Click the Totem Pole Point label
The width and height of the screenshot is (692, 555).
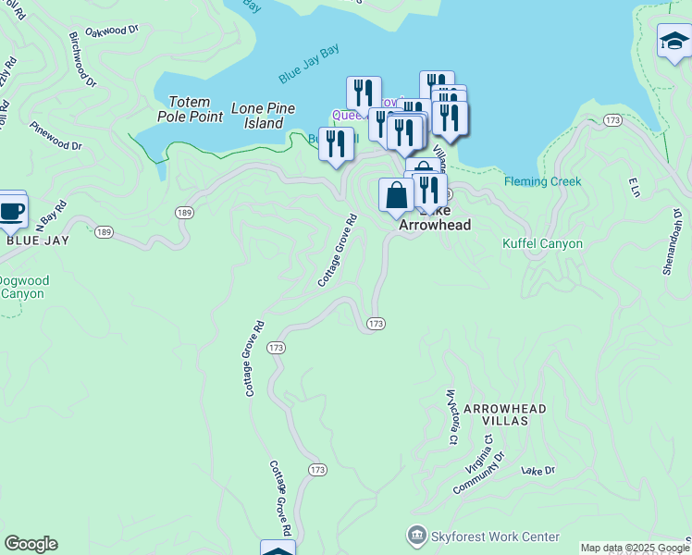(x=195, y=109)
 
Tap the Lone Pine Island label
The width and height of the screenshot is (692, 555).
(x=263, y=116)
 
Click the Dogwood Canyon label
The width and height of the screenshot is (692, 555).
(x=24, y=287)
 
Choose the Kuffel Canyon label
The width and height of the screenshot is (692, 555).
(x=542, y=243)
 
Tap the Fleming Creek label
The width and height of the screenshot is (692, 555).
(x=543, y=181)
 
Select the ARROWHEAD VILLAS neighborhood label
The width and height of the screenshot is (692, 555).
(x=504, y=413)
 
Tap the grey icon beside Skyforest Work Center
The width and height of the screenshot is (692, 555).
(x=417, y=536)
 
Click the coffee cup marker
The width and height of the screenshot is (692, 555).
(x=11, y=210)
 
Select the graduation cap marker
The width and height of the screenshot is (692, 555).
(x=673, y=42)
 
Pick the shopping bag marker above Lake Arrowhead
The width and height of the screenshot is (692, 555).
(x=396, y=195)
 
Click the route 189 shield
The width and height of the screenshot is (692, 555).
(x=183, y=213)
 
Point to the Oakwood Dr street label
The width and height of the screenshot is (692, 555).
(x=111, y=31)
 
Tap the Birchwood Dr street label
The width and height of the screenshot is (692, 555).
(x=81, y=60)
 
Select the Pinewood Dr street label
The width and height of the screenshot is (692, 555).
(x=56, y=136)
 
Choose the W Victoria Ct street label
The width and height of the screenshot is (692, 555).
(x=452, y=416)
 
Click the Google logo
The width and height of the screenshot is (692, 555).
(x=31, y=544)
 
